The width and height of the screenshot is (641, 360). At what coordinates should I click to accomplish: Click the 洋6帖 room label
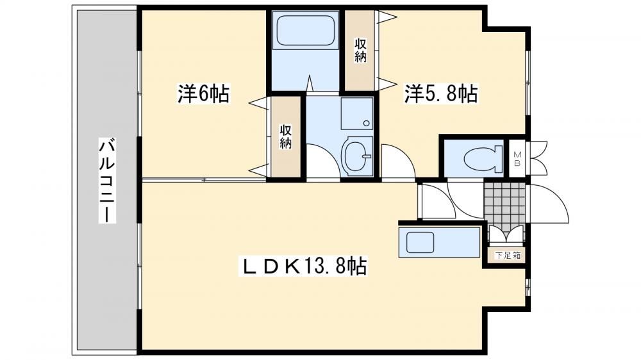pyautogui.click(x=203, y=94)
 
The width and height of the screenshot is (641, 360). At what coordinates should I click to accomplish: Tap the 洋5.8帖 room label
pyautogui.click(x=441, y=94)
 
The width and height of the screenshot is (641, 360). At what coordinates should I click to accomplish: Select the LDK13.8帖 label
pyautogui.click(x=305, y=266)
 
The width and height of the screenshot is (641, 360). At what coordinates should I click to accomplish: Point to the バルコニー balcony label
pyautogui.click(x=106, y=181)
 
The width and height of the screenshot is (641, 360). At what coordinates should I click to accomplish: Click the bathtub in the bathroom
pyautogui.click(x=306, y=31)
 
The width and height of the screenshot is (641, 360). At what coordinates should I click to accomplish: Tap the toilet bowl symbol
pyautogui.click(x=483, y=158)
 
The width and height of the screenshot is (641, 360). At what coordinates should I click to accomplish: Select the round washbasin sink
pyautogui.click(x=356, y=156)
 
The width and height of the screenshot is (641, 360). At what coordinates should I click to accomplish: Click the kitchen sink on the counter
pyautogui.click(x=419, y=242)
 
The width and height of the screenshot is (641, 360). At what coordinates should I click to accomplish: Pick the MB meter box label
pyautogui.click(x=517, y=159)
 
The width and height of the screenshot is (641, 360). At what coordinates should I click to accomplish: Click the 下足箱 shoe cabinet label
pyautogui.click(x=508, y=256)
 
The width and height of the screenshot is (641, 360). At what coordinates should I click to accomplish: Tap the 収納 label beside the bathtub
pyautogui.click(x=360, y=50)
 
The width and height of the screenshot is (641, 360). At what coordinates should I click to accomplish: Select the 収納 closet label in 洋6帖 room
pyautogui.click(x=285, y=136)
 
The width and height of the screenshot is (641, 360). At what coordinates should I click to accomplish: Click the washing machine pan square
pyautogui.click(x=357, y=113)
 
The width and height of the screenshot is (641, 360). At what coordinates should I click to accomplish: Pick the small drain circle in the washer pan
pyautogui.click(x=366, y=123)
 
